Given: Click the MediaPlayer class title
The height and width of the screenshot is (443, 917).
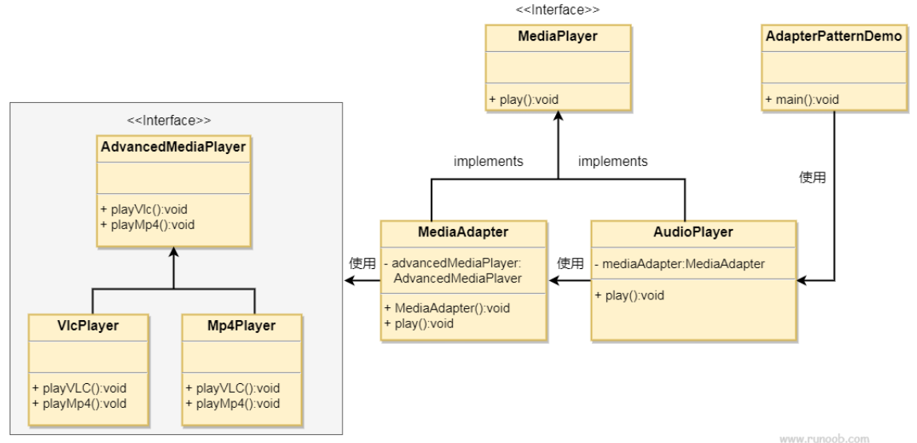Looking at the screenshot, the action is tap(558, 36).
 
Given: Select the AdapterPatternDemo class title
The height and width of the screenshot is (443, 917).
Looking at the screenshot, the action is tap(834, 36).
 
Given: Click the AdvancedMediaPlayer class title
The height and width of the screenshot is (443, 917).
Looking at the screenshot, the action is tap(173, 147).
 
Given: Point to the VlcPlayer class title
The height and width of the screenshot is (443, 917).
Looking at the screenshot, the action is tap(88, 326).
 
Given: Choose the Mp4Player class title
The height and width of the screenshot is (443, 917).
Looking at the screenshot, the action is tap(241, 326).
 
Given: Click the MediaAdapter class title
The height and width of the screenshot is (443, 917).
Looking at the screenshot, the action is tap(463, 232).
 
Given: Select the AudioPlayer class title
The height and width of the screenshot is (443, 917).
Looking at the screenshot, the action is tap(693, 232).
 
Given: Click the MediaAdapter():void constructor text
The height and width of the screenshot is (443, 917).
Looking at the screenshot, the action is tap(447, 308).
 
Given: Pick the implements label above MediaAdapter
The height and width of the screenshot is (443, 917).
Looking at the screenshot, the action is tap(488, 161).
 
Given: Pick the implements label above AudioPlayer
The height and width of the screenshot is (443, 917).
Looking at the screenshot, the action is tap(613, 161).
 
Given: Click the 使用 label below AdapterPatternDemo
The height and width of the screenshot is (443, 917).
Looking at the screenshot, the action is tap(812, 177).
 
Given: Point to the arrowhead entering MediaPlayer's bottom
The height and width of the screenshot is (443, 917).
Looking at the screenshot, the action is tap(558, 116).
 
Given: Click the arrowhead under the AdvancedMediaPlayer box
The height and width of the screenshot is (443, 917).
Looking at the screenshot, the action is tap(173, 252).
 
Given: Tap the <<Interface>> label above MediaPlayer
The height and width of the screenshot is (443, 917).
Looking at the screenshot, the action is tap(558, 10).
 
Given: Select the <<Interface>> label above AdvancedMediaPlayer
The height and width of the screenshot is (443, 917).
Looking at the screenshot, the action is tap(169, 121).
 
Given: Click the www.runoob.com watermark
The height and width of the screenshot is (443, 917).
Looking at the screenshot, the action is tap(824, 439).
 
